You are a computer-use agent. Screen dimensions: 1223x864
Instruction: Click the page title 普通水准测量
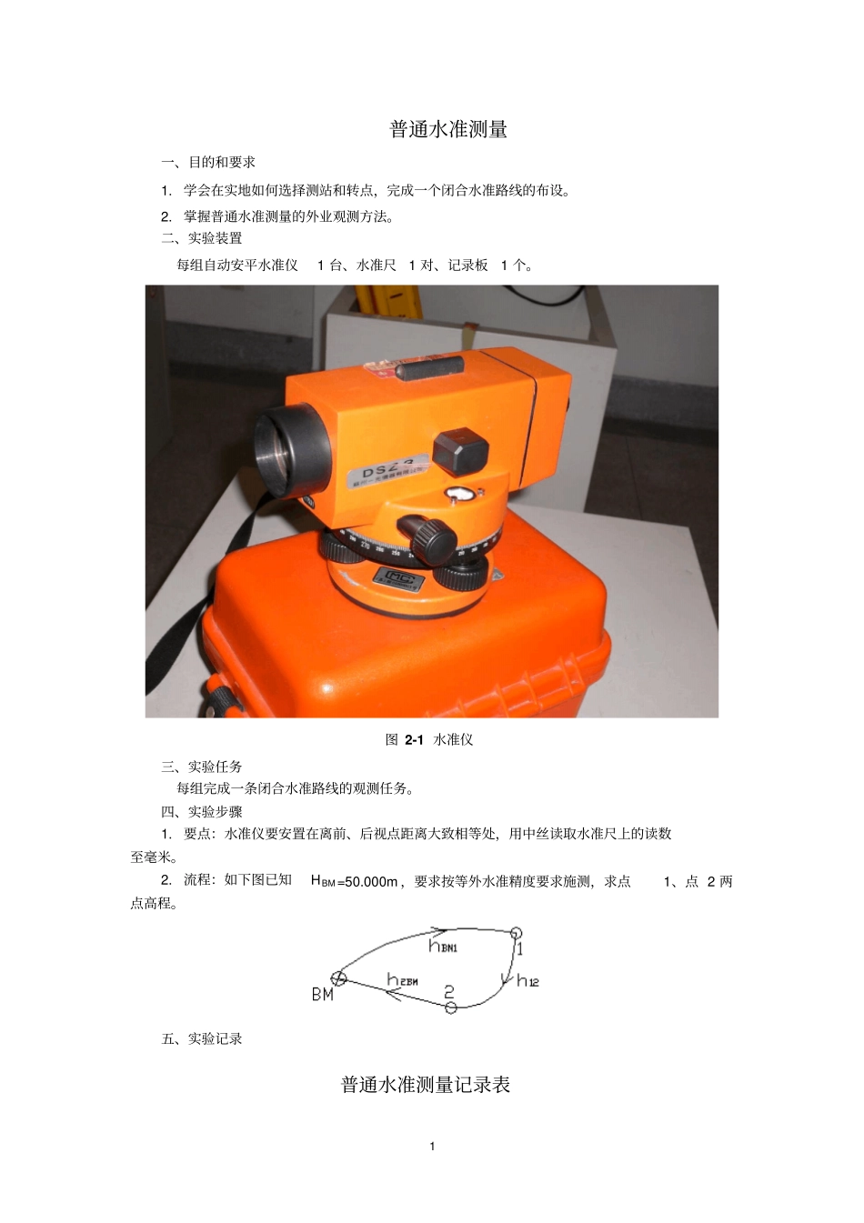tap(448, 129)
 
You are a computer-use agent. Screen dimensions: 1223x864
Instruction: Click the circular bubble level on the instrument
tap(460, 494)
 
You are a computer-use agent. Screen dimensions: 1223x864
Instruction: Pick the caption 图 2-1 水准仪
tap(429, 739)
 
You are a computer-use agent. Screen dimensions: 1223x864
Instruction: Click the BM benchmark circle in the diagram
tap(338, 978)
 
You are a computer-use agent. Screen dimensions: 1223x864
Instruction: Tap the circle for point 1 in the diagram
tap(516, 933)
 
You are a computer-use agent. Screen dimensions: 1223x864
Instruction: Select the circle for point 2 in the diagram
tap(450, 1007)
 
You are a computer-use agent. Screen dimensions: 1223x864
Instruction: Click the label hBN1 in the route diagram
tap(443, 947)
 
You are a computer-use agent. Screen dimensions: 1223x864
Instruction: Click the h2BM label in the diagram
tap(402, 980)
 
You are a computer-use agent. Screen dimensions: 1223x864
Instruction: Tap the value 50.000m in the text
tap(368, 881)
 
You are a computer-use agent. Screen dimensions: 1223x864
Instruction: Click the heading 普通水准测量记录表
tap(426, 1085)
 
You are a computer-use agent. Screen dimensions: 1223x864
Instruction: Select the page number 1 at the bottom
tap(432, 1146)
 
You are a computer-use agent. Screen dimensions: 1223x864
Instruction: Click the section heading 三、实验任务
tap(202, 767)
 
